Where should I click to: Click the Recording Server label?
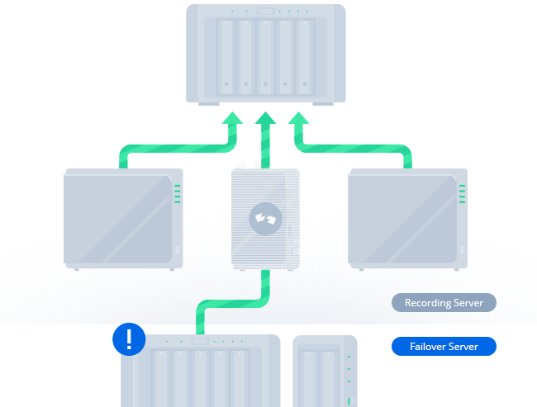coord(444,303)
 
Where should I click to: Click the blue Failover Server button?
coord(444,346)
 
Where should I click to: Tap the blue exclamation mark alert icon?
coord(128,338)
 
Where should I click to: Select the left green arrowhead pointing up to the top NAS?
coord(232,123)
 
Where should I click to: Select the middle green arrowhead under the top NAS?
coord(265,123)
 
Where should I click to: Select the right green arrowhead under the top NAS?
coord(298,123)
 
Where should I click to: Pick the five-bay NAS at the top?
coord(265,54)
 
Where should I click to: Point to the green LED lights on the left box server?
coord(177,194)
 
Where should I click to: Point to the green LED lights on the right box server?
coord(462,194)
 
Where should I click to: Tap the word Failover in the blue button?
coord(427,346)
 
